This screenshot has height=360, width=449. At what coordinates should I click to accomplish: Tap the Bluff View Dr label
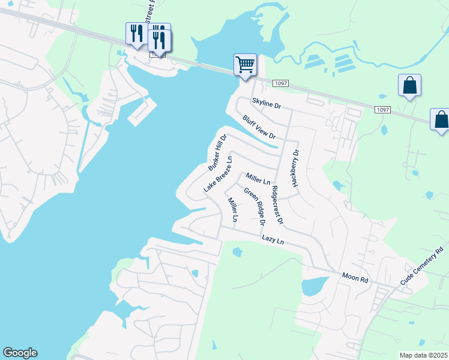(259, 127)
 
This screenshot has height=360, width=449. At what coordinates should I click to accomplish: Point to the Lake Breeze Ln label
(217, 175)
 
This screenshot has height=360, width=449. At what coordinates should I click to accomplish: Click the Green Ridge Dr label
(254, 205)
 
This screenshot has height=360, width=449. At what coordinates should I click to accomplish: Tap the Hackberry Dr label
(295, 168)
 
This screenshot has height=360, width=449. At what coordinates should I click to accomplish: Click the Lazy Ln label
(272, 240)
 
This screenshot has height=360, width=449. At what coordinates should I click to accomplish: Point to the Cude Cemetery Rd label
(424, 266)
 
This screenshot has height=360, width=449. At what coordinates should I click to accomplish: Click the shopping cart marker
(245, 64)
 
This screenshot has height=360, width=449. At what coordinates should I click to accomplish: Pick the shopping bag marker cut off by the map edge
(441, 119)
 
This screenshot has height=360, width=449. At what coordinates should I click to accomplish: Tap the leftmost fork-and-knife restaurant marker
(135, 34)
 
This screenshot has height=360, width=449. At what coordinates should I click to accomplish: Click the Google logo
(20, 353)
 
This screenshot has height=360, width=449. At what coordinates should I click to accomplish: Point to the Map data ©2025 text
(423, 355)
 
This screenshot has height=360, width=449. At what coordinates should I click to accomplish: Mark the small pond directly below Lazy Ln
(237, 252)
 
